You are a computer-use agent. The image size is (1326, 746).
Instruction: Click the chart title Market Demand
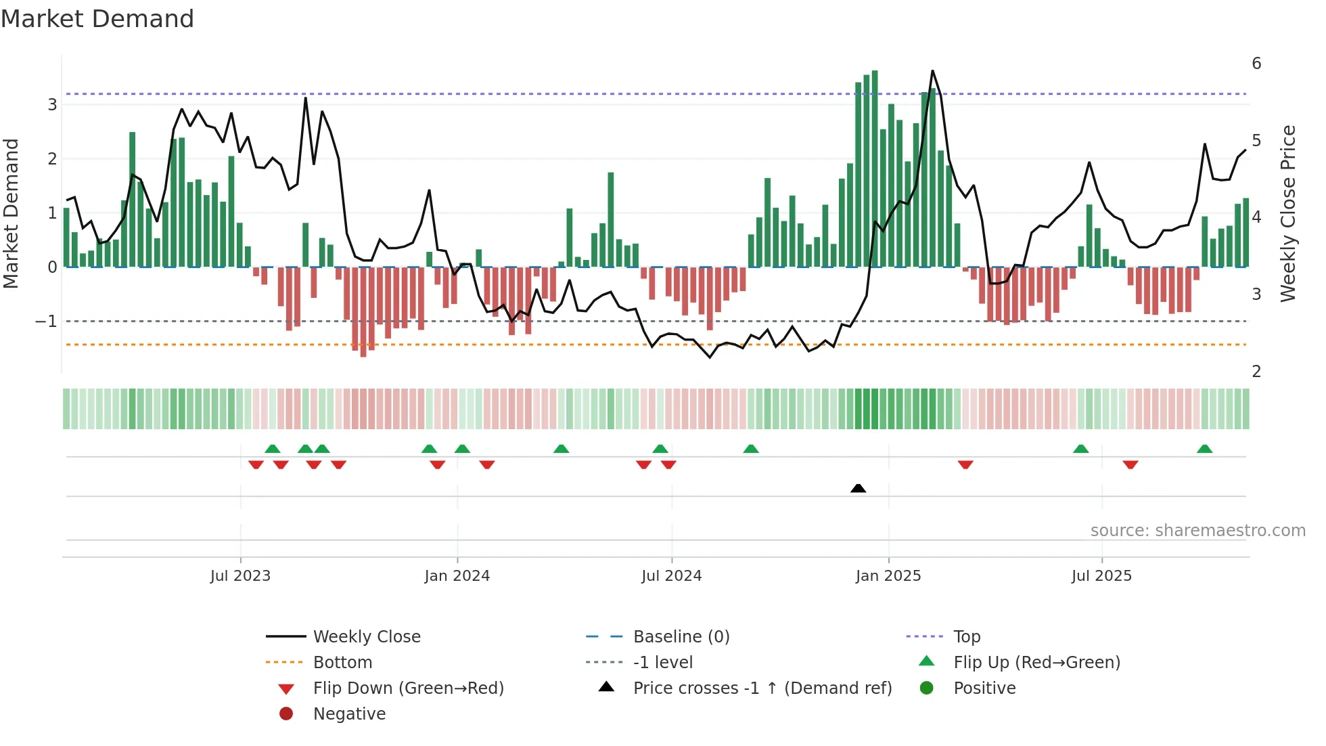coord(97,19)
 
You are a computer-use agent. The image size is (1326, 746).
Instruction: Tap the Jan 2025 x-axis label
coord(888,576)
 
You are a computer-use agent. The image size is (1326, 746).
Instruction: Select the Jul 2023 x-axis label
coord(240,576)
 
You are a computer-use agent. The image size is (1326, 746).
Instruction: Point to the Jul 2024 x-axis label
coord(671,576)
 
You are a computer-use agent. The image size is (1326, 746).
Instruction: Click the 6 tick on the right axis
coord(1256,64)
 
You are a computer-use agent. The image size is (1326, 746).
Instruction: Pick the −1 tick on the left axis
coord(46,322)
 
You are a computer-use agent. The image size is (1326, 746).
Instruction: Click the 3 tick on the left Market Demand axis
coord(52,105)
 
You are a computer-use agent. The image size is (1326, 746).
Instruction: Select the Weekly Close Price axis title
coord(1288,213)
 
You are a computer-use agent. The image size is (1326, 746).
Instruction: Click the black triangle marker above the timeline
coord(858,488)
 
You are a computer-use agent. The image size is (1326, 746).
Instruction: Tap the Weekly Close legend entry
coord(366,637)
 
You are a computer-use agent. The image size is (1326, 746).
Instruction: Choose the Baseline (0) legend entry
coord(681,637)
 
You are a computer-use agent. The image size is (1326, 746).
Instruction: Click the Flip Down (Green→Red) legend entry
coord(408,688)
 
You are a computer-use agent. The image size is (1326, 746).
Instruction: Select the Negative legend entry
coord(349,714)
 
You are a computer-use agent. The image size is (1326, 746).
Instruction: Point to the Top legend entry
coord(966,637)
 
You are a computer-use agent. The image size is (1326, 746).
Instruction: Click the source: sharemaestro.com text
coord(1197,531)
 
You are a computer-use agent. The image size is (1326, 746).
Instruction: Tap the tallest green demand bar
coord(875,169)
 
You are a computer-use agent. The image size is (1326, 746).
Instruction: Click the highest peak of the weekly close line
coord(932,71)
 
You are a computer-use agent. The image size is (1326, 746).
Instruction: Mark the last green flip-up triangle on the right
coord(1204,449)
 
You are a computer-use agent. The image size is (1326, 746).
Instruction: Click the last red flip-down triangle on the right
coord(1130,464)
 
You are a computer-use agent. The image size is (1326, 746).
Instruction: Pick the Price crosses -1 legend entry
coord(762,688)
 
